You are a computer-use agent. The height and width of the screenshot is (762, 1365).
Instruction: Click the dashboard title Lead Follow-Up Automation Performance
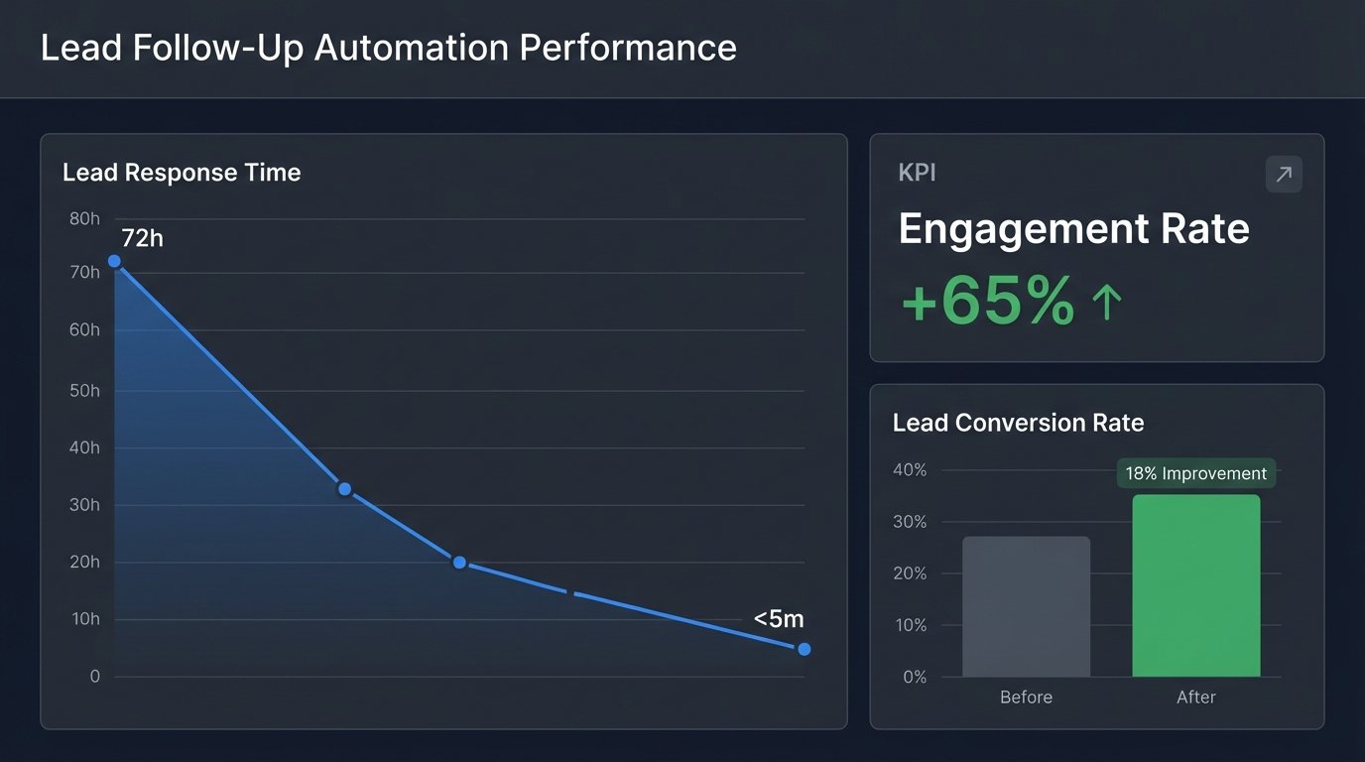[x=388, y=48]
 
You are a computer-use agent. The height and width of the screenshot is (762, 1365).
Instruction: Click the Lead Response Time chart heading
[x=182, y=173]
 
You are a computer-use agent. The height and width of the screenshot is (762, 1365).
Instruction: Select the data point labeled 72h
[x=114, y=261]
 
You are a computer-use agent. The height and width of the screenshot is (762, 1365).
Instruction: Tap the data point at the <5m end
[x=804, y=649]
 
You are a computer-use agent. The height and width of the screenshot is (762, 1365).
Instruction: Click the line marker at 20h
[x=459, y=563]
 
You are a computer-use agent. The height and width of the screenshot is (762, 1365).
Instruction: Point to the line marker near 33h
[x=344, y=489]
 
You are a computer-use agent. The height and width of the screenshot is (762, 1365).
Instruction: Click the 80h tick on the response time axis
[x=84, y=218]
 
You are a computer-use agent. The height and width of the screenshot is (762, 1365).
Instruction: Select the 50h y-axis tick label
[x=84, y=391]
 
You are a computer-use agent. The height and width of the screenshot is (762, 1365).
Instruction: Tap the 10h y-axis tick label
[x=84, y=619]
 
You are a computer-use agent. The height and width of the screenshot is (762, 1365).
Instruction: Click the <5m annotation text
[x=779, y=619]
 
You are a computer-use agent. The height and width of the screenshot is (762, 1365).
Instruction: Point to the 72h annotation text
[x=142, y=238]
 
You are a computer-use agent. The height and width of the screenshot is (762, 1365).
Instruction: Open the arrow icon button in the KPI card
[x=1284, y=175]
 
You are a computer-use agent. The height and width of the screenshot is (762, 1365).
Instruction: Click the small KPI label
[x=917, y=173]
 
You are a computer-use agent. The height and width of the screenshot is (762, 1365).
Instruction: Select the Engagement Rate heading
[x=1073, y=229]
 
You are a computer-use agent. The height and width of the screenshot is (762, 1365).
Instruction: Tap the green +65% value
[x=987, y=301]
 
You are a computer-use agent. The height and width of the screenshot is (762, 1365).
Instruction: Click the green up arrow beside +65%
[x=1106, y=302]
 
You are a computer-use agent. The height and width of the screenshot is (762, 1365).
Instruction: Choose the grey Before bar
[x=1026, y=606]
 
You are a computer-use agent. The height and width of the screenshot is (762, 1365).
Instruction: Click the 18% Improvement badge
[x=1195, y=473]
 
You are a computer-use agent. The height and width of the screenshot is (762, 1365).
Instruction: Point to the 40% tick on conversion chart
[x=910, y=470]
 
